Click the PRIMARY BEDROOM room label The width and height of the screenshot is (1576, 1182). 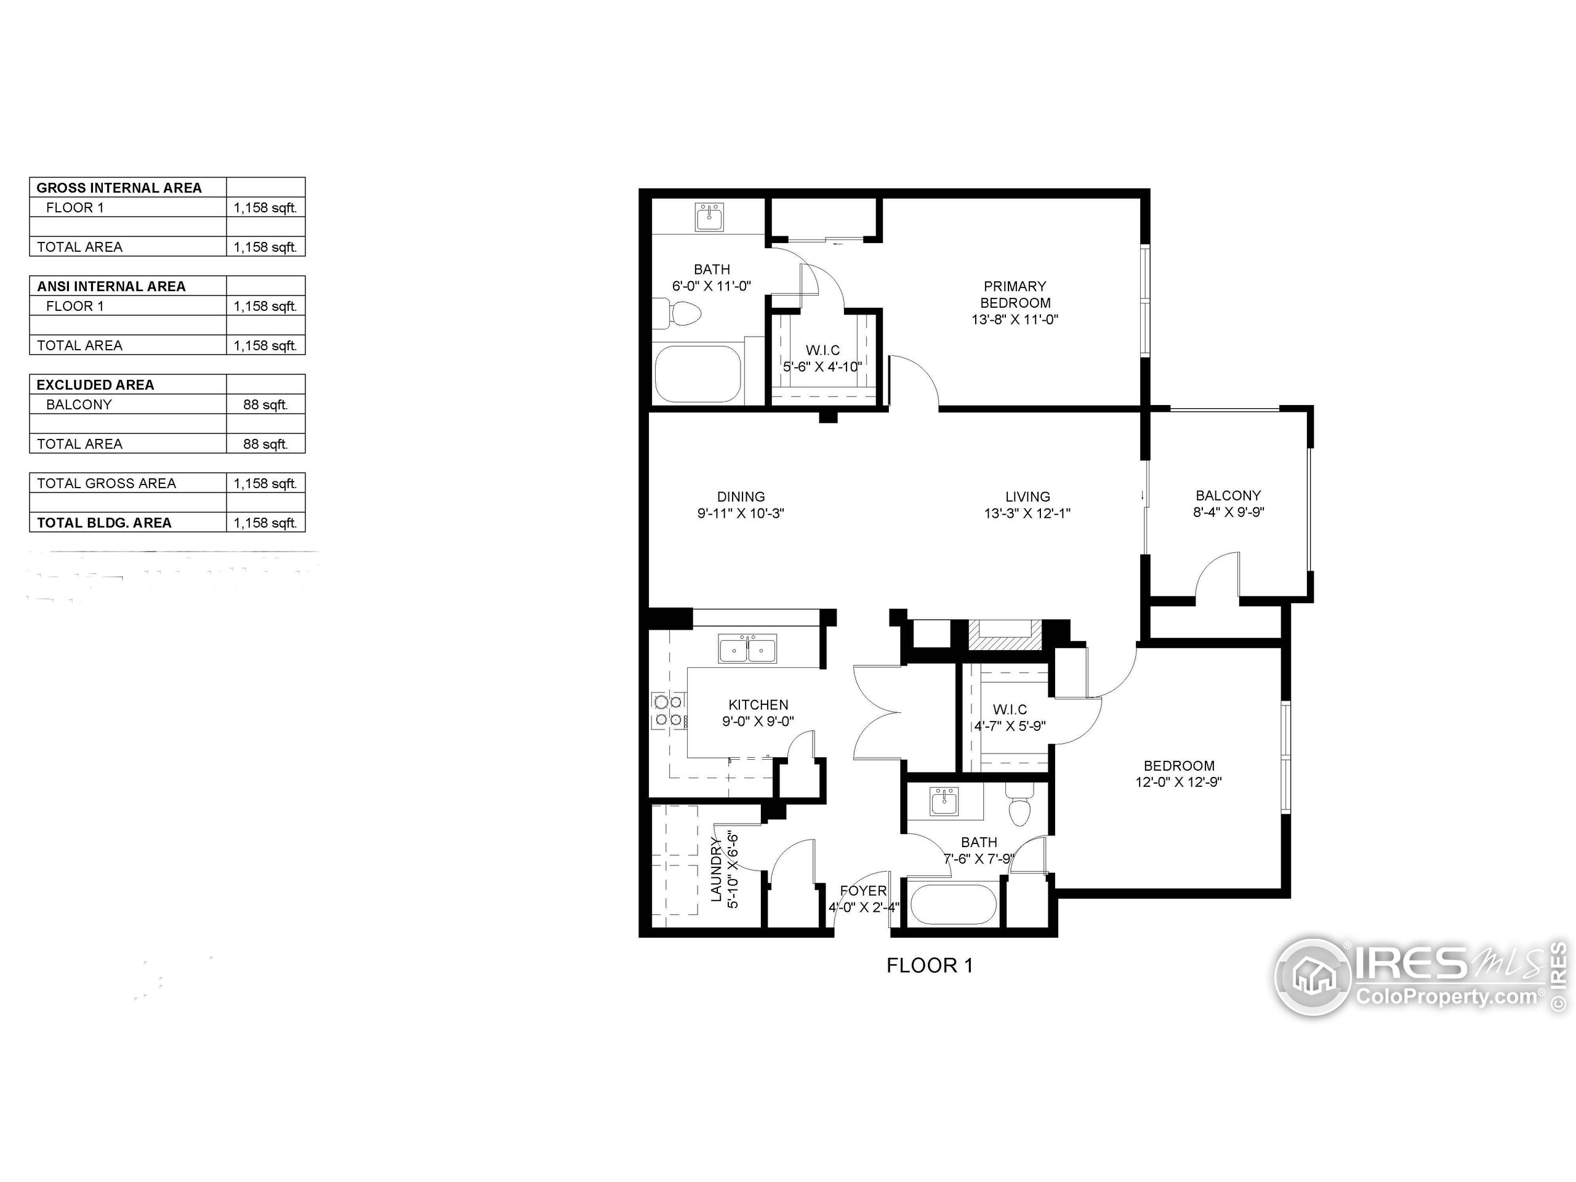[1015, 294]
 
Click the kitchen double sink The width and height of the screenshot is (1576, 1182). [747, 649]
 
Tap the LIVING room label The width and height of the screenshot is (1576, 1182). [1027, 497]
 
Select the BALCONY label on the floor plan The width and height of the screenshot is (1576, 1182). [1228, 495]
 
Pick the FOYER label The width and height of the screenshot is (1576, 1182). [863, 891]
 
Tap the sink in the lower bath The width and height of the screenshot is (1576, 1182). [946, 802]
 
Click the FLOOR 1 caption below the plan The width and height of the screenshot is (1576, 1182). [929, 965]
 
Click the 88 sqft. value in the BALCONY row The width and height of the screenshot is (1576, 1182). [265, 404]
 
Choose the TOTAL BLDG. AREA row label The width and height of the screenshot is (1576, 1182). [104, 523]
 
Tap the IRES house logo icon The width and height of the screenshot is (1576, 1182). [1313, 977]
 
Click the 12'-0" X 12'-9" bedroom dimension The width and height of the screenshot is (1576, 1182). [1178, 782]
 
